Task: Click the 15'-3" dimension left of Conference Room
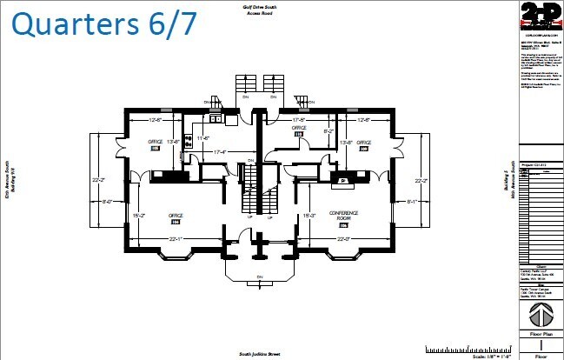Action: point(308,214)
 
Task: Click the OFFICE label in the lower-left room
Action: point(176,215)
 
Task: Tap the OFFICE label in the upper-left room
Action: point(156,142)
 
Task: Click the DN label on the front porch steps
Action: point(259,277)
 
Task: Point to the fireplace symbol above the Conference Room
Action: point(343,179)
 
